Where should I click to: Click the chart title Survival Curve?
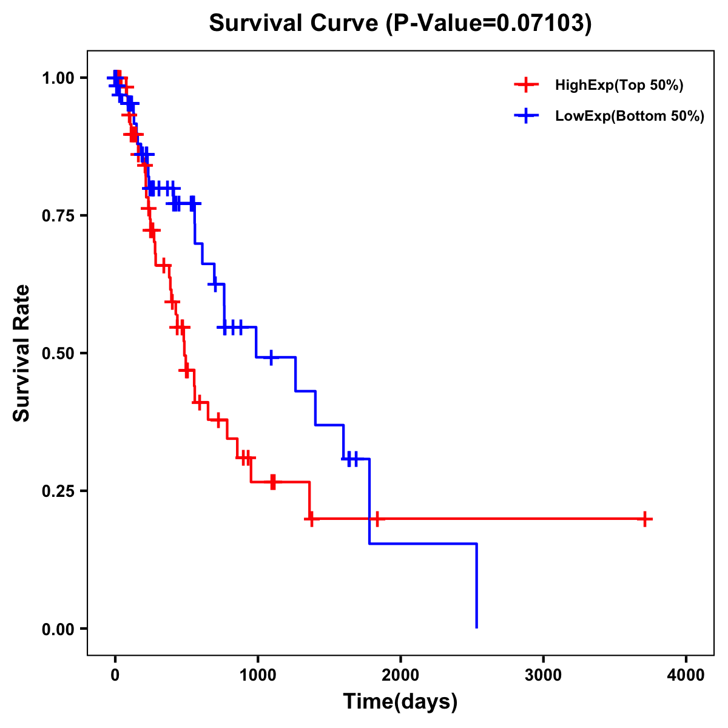(296, 23)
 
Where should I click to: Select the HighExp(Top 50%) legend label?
(619, 86)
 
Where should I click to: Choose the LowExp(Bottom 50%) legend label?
(630, 116)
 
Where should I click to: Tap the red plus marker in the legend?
(526, 86)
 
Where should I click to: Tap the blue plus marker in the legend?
(526, 116)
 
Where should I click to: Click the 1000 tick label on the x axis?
(258, 675)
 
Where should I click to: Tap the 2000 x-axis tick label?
(400, 675)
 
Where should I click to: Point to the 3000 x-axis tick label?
(543, 675)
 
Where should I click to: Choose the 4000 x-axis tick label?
(686, 675)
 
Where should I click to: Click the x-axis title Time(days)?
(400, 702)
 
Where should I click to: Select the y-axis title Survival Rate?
(22, 353)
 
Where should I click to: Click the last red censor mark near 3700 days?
(645, 519)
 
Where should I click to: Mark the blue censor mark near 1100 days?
(271, 357)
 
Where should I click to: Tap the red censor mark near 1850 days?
(377, 519)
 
